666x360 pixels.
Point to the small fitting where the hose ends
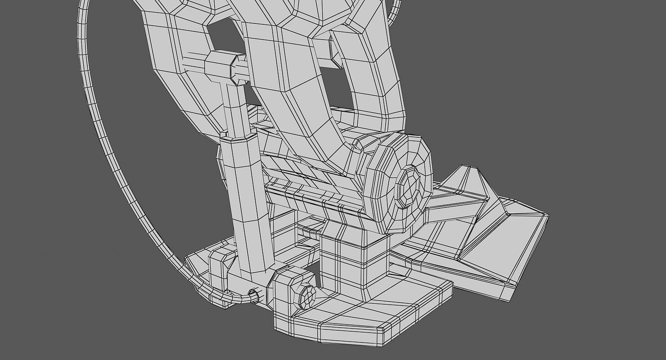click(254, 296)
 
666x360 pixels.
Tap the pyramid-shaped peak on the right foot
click(472, 180)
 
